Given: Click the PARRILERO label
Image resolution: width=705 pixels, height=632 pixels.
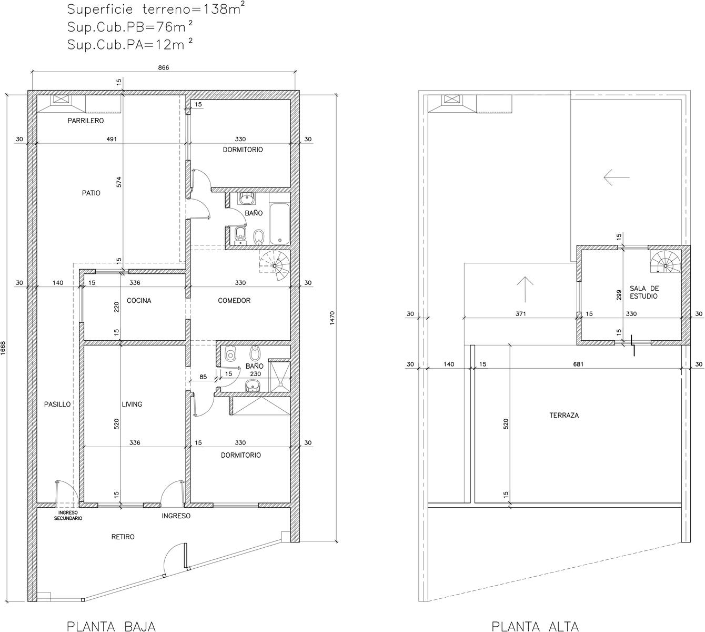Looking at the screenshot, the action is coord(86,121).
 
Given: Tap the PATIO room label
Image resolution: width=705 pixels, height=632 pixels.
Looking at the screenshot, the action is coord(91,193).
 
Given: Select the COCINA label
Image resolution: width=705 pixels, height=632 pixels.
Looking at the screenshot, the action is coord(139,300).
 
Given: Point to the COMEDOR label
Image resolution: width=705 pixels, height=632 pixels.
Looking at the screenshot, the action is coord(234,300).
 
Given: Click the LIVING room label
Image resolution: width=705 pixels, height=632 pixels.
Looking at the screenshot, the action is coord(132,404).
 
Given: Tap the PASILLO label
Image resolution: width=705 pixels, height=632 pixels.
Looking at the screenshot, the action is coord(57,404).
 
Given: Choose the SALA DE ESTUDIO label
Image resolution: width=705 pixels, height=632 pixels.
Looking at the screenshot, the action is coord(644,292).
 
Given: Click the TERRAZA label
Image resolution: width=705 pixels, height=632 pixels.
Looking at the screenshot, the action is coord(564,416).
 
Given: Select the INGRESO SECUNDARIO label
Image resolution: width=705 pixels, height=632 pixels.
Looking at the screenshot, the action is coord(68,516).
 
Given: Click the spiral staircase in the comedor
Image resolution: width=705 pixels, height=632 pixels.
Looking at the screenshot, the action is coord(275,266).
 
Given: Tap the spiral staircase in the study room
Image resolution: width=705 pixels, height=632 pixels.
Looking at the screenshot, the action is coord(666,265).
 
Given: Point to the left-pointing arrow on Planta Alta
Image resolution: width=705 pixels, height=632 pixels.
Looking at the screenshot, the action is coord(616,177).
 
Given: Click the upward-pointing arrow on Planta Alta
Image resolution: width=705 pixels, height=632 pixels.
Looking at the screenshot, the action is coord(525,289).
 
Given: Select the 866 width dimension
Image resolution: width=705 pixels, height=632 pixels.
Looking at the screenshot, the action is coord(164,67).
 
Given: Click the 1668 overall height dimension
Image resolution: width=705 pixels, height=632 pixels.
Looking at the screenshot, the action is coord(3,348).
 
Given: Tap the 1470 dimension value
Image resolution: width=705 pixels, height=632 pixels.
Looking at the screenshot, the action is coord(332,318).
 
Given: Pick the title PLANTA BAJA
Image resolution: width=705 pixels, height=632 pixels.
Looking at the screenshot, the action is coord(111,626).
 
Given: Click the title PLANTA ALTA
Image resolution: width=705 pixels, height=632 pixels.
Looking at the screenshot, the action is coord(535,626).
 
